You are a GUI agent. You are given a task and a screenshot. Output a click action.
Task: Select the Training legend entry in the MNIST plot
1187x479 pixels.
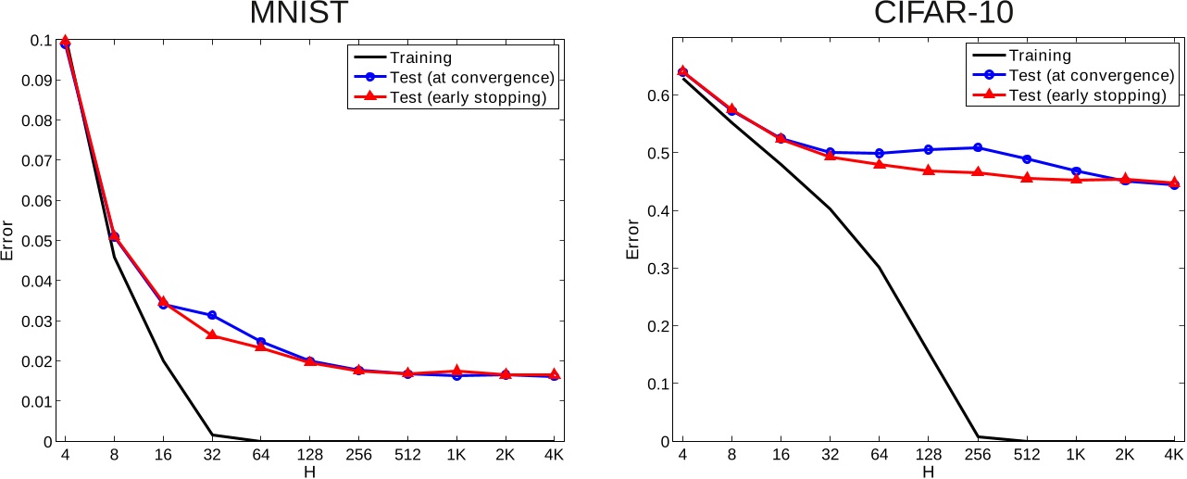click(421, 57)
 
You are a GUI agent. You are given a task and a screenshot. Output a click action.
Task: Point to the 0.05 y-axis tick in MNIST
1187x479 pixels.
click(41, 241)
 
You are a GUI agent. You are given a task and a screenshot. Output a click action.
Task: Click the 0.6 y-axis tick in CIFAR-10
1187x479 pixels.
click(658, 95)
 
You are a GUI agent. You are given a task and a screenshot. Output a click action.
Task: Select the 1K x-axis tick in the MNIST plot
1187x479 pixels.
click(456, 455)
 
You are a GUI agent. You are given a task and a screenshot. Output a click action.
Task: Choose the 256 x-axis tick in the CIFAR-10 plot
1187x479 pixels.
click(977, 455)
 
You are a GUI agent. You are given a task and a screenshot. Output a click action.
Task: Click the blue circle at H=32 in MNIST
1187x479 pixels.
click(212, 316)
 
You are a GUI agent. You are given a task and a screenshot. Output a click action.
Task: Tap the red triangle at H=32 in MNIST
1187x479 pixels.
click(212, 335)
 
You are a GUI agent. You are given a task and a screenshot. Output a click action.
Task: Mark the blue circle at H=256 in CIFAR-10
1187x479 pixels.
click(977, 147)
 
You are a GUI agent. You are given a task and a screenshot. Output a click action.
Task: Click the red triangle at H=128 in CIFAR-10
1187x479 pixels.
click(928, 170)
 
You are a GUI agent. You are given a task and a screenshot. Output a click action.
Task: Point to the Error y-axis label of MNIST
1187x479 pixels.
click(8, 241)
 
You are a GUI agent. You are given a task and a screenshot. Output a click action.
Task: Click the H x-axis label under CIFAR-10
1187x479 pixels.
click(928, 472)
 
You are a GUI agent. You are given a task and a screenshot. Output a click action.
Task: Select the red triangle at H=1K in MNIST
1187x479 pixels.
click(456, 371)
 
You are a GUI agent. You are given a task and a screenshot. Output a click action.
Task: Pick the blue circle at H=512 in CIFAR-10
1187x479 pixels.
click(1026, 159)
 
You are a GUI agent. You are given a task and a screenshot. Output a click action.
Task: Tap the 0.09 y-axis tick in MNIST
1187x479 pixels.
click(41, 81)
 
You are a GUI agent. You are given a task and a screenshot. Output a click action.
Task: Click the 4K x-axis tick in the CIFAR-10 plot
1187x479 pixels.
click(1173, 455)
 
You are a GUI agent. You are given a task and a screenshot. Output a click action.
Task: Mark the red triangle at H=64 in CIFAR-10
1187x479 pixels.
click(879, 164)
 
